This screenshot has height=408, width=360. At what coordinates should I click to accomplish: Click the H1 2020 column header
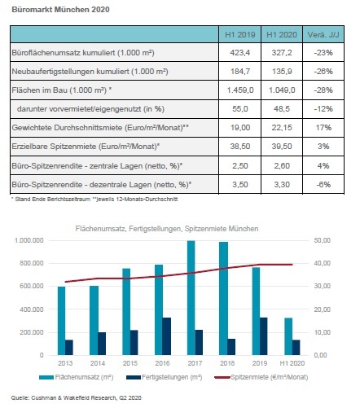[282, 35]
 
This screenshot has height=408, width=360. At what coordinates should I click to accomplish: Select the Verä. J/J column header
[323, 35]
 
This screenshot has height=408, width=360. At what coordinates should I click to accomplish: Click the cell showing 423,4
[239, 52]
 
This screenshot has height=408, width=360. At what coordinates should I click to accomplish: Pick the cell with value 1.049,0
[282, 90]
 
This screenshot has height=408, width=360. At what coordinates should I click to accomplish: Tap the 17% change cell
[323, 128]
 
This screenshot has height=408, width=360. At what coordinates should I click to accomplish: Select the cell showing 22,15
[282, 128]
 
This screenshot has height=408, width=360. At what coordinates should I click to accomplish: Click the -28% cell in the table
[323, 90]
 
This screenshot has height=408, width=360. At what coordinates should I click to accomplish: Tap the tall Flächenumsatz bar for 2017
[191, 298]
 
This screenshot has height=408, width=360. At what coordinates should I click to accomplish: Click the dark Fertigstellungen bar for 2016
[166, 336]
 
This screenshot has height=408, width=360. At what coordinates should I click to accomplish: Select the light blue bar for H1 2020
[288, 336]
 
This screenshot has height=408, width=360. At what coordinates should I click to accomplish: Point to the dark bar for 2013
[69, 348]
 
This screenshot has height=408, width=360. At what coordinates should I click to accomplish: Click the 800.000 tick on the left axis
[32, 263]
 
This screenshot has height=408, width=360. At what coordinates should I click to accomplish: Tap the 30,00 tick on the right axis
[323, 286]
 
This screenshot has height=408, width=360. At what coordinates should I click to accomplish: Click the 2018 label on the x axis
[227, 363]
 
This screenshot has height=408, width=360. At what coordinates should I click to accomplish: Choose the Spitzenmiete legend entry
[261, 377]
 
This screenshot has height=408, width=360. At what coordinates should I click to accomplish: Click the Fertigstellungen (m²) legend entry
[165, 377]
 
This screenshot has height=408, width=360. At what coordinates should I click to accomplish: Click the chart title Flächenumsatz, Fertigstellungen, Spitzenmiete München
[167, 229]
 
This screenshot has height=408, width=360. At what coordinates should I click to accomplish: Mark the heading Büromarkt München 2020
[60, 10]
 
